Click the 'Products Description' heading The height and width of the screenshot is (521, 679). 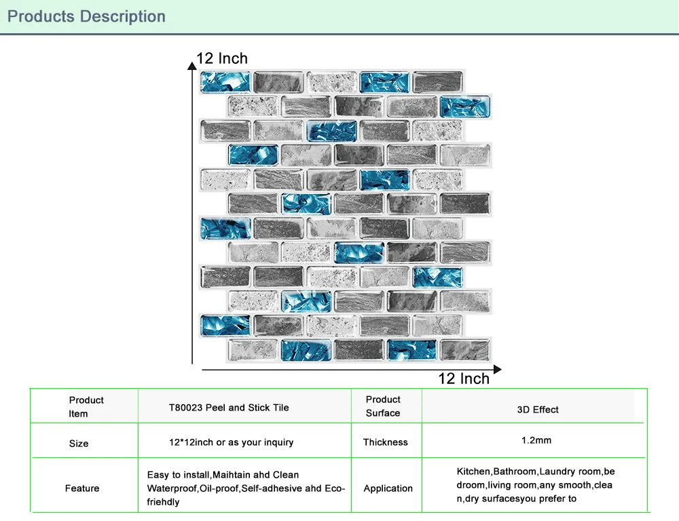pyautogui.click(x=86, y=16)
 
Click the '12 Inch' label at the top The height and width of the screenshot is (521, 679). pyautogui.click(x=222, y=58)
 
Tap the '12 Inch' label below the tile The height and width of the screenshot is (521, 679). pyautogui.click(x=464, y=379)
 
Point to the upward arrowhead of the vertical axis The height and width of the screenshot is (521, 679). pyautogui.click(x=192, y=64)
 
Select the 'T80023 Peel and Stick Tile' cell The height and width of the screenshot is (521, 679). pyautogui.click(x=229, y=408)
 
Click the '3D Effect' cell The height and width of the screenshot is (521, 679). pyautogui.click(x=538, y=409)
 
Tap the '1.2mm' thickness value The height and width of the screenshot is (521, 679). pyautogui.click(x=536, y=440)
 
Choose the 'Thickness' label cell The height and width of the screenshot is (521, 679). pyautogui.click(x=386, y=442)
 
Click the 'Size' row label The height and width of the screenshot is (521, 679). pyautogui.click(x=79, y=444)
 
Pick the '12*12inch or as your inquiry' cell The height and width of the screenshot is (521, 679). pyautogui.click(x=232, y=442)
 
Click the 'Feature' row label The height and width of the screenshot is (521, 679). pyautogui.click(x=82, y=488)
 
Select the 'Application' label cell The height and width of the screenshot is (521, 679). pyautogui.click(x=388, y=488)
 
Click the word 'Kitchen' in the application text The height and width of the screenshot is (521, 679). pyautogui.click(x=474, y=471)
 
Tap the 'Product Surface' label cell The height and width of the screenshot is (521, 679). pyautogui.click(x=383, y=406)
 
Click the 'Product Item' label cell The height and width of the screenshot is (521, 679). pyautogui.click(x=86, y=407)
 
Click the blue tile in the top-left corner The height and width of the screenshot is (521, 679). pyautogui.click(x=225, y=82)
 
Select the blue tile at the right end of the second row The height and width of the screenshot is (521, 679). pyautogui.click(x=465, y=107)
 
